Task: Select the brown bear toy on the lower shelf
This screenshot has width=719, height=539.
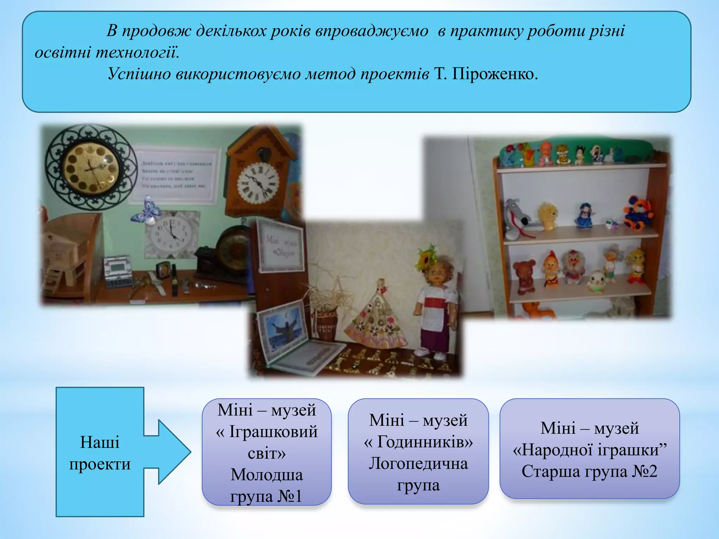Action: (x=524, y=276)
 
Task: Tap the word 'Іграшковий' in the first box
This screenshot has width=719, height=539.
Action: (x=273, y=432)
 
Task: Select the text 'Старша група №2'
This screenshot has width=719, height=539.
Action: (x=589, y=471)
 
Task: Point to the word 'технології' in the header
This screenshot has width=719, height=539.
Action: (x=137, y=53)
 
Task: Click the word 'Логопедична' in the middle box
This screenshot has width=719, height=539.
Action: (x=418, y=464)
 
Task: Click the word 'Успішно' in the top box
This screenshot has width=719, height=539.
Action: (x=139, y=74)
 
